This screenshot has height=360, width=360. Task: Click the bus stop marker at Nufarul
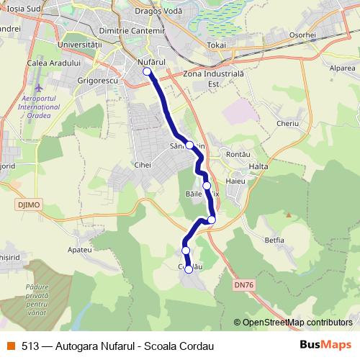click(x=147, y=72)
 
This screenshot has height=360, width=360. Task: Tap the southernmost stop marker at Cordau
click(x=189, y=269)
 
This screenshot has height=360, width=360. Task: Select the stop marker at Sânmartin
click(x=190, y=145)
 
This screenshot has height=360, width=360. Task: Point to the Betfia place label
click(x=274, y=240)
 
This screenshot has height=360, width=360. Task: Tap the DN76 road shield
click(x=244, y=285)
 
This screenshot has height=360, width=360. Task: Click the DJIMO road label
click(x=24, y=204)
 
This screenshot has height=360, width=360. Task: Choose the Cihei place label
click(x=142, y=165)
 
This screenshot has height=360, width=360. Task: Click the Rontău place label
click(x=238, y=155)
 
